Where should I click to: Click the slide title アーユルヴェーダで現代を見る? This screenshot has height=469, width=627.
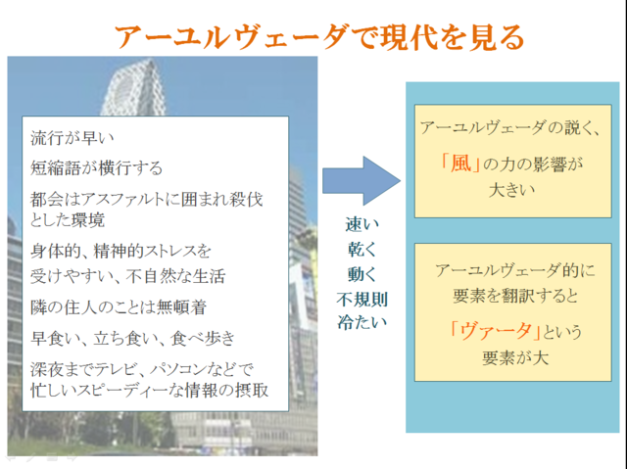tap(319, 37)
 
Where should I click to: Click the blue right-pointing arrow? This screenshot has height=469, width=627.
tap(362, 181)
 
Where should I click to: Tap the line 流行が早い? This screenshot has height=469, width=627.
tap(72, 138)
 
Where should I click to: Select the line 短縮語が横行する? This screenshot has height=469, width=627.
tap(96, 167)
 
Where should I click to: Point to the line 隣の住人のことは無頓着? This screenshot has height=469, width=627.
tap(119, 307)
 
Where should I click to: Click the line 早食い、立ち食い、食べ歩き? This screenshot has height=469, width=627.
tap(133, 339)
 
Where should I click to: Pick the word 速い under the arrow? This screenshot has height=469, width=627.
tap(362, 224)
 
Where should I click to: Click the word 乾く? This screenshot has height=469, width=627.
tap(362, 250)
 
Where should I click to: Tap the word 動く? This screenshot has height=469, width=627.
tap(362, 274)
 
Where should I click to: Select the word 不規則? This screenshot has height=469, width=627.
tap(362, 299)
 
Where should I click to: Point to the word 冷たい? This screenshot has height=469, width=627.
tap(362, 322)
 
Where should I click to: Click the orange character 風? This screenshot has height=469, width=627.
tap(460, 164)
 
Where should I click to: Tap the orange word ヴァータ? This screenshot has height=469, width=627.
tap(495, 331)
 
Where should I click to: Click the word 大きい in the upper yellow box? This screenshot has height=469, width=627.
tap(511, 190)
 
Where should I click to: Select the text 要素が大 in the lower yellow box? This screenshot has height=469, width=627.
tap(515, 357)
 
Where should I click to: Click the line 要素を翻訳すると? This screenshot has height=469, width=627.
tap(515, 296)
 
